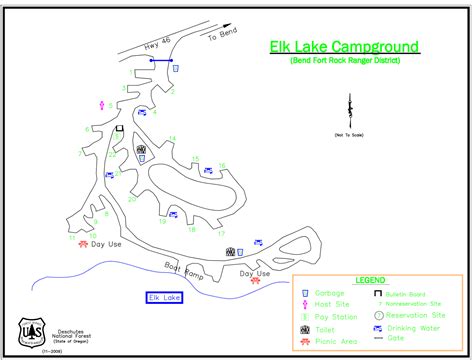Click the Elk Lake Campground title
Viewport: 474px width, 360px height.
[x=344, y=47]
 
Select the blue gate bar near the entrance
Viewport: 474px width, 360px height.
[x=160, y=61]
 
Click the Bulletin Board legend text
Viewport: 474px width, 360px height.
[x=412, y=293]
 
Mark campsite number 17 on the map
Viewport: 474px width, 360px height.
[x=221, y=233]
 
